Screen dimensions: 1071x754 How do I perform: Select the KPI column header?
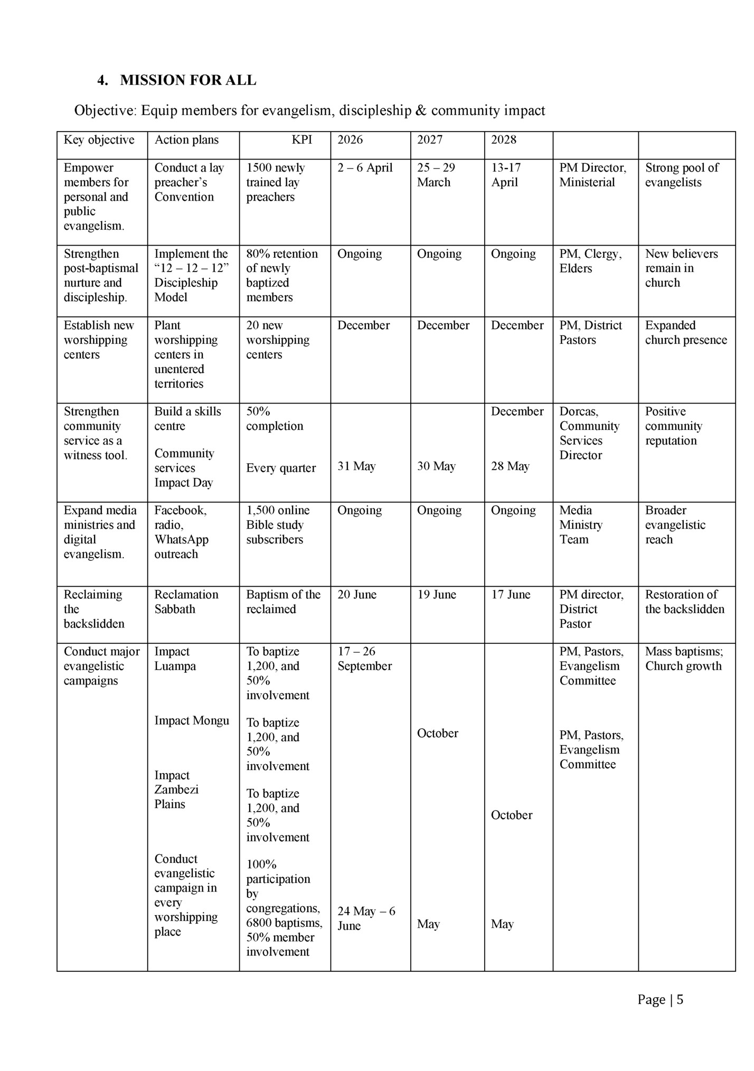coord(301,140)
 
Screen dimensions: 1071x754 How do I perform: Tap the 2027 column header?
coord(430,140)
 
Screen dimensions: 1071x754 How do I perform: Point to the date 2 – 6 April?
coord(365,168)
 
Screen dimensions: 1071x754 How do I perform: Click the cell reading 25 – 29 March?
coord(436,175)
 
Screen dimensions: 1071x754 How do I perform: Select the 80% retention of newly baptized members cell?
coord(282,275)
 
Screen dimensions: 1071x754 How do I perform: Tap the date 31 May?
coord(356,466)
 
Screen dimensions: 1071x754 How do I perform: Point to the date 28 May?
coord(510,466)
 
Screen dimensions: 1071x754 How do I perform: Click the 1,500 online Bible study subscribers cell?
coord(278,524)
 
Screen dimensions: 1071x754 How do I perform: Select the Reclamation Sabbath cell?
coord(186,602)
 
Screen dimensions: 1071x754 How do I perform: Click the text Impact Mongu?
coord(192,721)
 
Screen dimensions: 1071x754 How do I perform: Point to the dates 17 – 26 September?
coord(364,659)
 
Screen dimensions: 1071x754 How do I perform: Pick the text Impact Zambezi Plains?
coord(176,790)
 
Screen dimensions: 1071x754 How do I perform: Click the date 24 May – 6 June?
coord(366,918)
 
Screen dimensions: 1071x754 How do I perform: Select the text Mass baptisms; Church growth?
coord(684,659)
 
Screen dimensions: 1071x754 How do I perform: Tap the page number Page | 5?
coord(660,1000)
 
